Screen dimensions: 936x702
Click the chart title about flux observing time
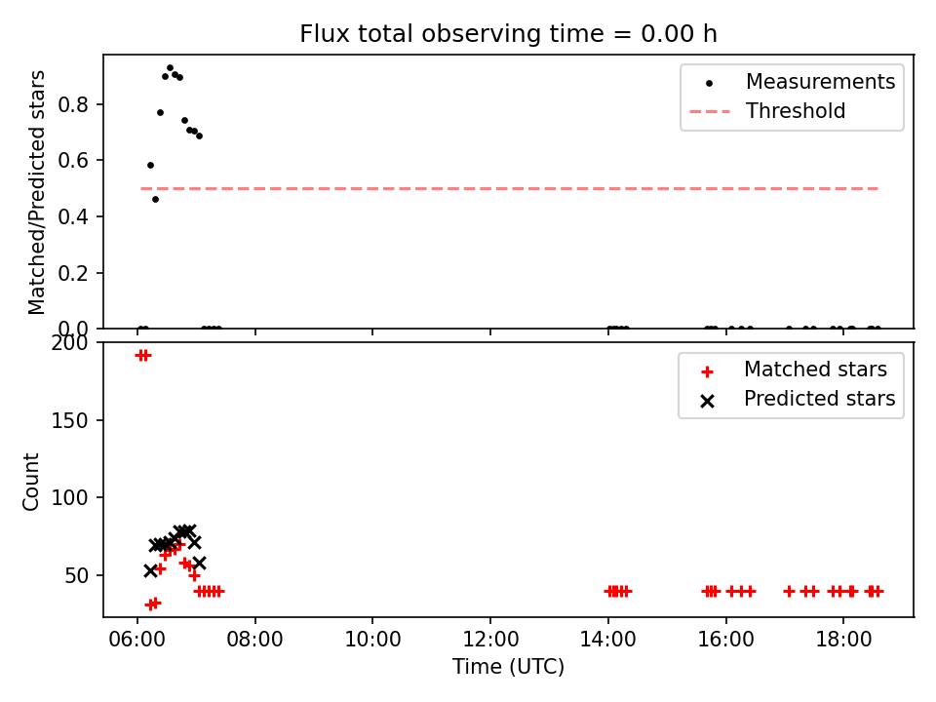tap(508, 34)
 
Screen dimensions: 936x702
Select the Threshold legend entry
tap(767, 111)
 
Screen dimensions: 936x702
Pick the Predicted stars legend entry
tap(798, 399)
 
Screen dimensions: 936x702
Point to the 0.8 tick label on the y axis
tap(73, 104)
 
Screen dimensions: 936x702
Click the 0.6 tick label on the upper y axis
tap(73, 161)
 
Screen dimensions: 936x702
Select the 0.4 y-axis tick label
tap(73, 216)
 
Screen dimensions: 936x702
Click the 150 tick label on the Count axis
tap(69, 421)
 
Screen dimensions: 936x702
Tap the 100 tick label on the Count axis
tap(69, 498)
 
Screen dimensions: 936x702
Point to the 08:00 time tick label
tap(254, 640)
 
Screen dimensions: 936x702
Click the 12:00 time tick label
tap(490, 640)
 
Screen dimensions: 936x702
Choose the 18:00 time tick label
tap(843, 640)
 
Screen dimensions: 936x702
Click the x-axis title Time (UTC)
tap(508, 666)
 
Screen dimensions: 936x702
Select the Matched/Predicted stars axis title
tap(36, 192)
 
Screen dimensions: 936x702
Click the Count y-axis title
tap(30, 481)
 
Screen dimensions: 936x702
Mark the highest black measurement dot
tap(170, 68)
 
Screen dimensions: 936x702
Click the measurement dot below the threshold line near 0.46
tap(155, 199)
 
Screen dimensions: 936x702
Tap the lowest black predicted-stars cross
tap(150, 570)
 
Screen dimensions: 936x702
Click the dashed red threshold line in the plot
tap(509, 188)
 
